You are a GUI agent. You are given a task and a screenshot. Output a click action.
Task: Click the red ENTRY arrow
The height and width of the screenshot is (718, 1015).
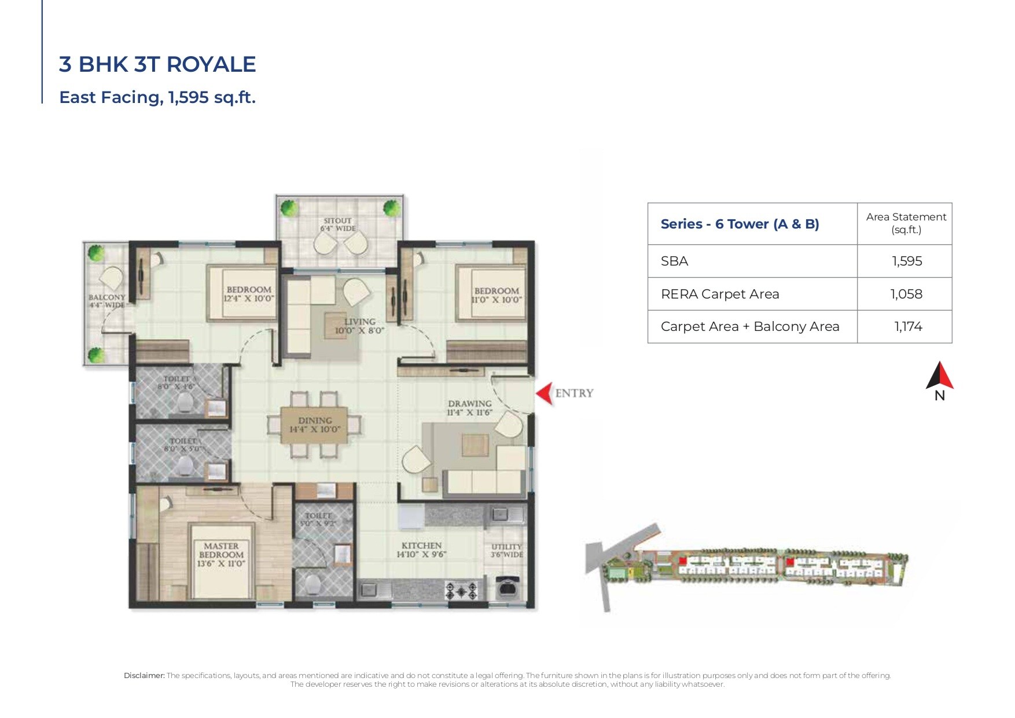(544, 393)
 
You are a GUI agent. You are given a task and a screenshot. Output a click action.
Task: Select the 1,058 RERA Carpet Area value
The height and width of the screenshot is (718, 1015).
(906, 294)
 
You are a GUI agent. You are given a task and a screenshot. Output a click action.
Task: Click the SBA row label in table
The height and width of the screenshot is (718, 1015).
(675, 261)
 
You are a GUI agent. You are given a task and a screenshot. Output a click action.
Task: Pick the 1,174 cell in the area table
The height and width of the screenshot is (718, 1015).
(907, 326)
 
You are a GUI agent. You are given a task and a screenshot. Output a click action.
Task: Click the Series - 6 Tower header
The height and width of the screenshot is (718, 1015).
(740, 224)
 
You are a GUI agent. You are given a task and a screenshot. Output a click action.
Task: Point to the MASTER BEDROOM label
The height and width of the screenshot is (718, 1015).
(221, 554)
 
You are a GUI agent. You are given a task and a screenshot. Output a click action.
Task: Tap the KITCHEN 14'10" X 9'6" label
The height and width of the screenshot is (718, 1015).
(421, 550)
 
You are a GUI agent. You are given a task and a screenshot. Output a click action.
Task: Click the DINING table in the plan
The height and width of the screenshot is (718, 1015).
(314, 425)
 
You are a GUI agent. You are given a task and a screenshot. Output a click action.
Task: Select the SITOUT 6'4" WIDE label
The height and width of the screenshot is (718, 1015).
(338, 224)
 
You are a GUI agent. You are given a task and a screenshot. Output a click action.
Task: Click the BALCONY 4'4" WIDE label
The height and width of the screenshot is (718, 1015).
(107, 301)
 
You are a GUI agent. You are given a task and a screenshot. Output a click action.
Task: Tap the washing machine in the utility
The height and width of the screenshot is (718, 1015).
(507, 590)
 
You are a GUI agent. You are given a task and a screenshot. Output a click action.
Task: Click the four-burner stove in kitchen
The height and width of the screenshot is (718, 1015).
(461, 591)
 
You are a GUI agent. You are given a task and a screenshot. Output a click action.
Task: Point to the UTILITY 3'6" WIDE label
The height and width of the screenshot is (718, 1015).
(506, 550)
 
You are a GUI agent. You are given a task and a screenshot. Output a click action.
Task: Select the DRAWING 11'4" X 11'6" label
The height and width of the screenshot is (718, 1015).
(469, 408)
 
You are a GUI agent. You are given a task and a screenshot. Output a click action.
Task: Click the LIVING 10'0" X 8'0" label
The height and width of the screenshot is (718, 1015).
(359, 326)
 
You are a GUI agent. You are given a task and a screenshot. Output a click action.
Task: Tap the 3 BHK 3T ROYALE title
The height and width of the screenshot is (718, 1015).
(157, 64)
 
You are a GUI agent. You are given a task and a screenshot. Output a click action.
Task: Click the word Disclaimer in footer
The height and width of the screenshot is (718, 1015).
(144, 675)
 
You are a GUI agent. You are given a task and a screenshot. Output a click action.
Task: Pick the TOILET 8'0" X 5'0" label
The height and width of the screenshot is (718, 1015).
(183, 444)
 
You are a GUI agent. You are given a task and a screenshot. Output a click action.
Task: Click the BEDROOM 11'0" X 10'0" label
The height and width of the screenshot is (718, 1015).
(497, 295)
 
